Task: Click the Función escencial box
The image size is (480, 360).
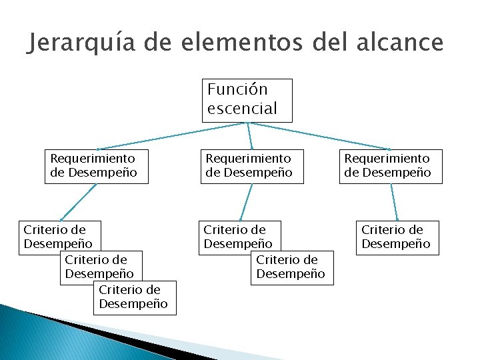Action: [247, 100]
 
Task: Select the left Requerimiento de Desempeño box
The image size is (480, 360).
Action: [97, 166]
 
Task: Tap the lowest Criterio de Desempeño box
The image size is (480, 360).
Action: [135, 297]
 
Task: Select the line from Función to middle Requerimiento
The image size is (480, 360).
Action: [250, 136]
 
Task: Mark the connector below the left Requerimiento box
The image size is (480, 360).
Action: [79, 201]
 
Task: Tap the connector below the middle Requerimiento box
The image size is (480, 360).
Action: [247, 201]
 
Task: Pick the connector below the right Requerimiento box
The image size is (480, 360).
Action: [394, 201]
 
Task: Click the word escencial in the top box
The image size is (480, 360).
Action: [241, 109]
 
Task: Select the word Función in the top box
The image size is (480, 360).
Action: [237, 89]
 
